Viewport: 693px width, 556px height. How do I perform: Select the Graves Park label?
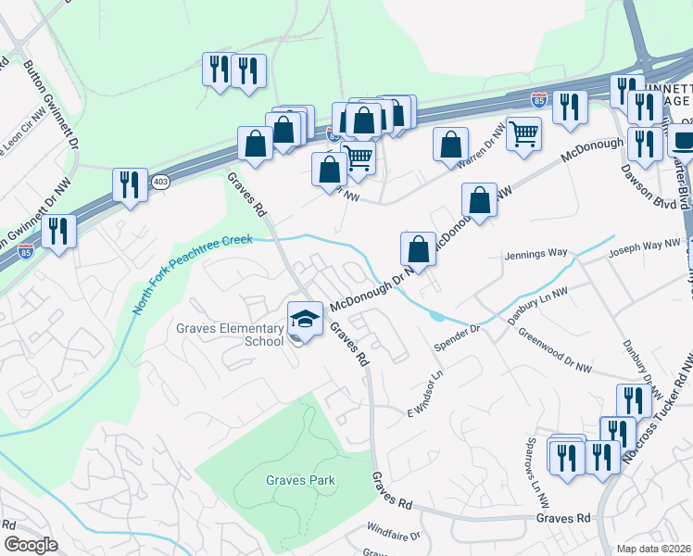click(x=300, y=480)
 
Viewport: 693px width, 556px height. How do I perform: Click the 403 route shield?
click(x=159, y=180)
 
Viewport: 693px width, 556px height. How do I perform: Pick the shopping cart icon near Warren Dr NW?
click(x=523, y=133)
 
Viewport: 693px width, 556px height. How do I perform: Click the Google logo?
click(x=31, y=545)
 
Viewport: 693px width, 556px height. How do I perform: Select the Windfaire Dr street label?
click(x=393, y=536)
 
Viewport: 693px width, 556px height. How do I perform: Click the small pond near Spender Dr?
click(x=436, y=316)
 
